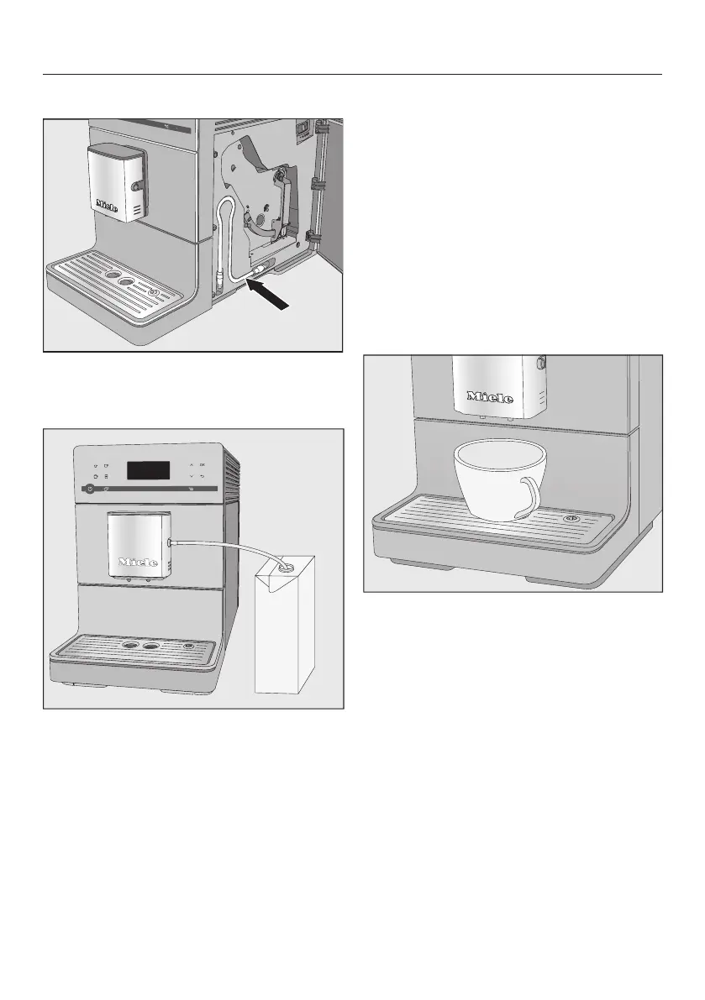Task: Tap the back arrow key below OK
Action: (203, 475)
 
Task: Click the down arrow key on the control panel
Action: (192, 475)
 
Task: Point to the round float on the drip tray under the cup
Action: (573, 518)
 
